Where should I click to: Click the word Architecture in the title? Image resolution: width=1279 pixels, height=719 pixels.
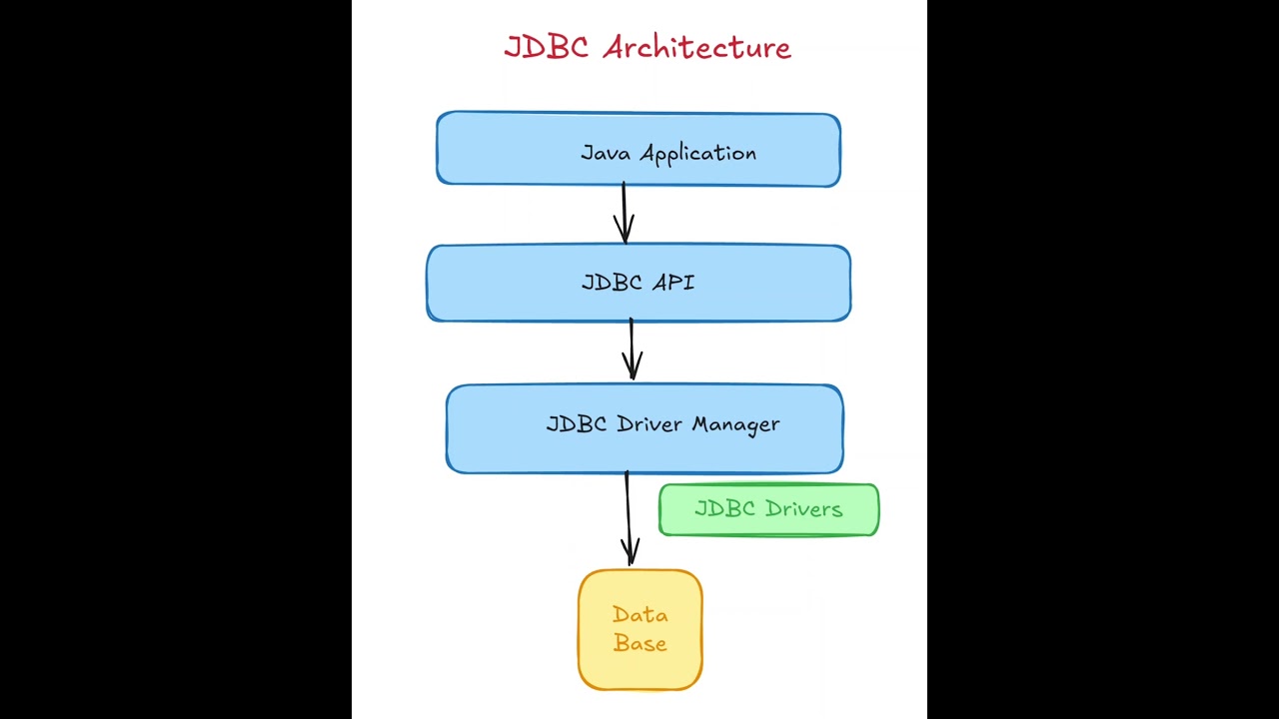696,47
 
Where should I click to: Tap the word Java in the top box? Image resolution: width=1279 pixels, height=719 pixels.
605,153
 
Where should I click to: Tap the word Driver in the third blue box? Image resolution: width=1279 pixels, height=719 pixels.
649,423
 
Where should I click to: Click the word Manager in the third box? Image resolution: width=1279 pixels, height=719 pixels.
735,424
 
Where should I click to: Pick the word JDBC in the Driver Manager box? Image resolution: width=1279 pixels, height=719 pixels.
577,423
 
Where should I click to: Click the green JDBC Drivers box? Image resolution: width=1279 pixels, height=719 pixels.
768,510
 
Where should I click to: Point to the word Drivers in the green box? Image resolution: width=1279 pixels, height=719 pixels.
801,509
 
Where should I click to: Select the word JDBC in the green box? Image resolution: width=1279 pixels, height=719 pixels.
724,509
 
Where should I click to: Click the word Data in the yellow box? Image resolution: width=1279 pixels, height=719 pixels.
639,615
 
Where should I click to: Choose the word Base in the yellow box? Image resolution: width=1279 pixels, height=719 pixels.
639,643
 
